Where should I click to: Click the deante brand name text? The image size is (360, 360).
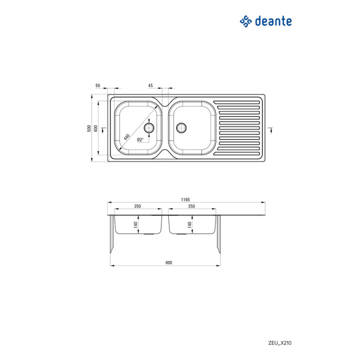coord(273,21)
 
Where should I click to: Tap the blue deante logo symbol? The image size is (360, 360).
coord(245,21)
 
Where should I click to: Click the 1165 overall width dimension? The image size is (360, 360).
coord(185,199)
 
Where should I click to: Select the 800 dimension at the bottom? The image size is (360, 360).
coord(169,262)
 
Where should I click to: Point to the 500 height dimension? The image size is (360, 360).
coord(89,128)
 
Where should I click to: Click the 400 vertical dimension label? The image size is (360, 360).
coord(95,128)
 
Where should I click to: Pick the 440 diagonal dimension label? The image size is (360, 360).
coord(126,137)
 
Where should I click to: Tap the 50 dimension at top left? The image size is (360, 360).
coord(98,85)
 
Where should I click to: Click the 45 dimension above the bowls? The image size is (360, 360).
coord(150,85)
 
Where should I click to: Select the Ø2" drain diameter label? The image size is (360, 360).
coord(140,139)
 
